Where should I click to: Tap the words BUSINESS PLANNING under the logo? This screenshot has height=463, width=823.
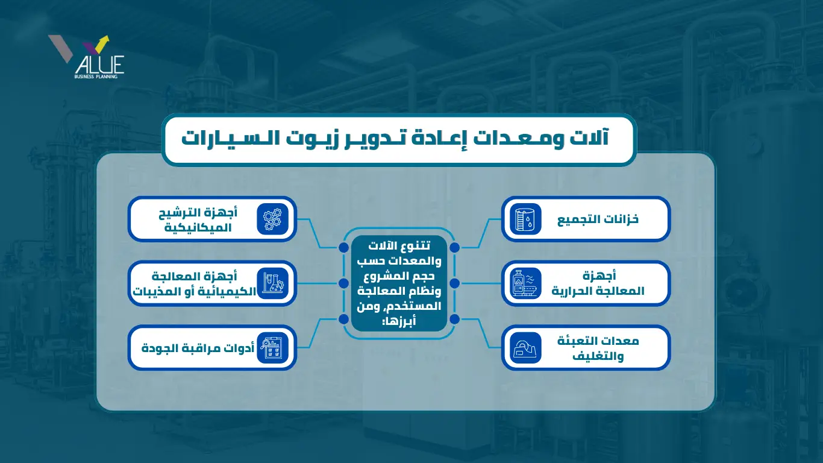click(x=96, y=77)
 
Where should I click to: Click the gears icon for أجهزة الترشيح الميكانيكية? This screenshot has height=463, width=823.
click(x=272, y=219)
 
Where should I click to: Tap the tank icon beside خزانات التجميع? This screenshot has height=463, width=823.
click(x=526, y=219)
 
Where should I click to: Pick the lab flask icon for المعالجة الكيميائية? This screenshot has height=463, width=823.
click(x=272, y=283)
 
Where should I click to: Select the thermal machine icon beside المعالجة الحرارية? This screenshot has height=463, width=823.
click(x=526, y=283)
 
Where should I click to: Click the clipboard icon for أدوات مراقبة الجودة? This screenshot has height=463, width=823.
click(x=272, y=347)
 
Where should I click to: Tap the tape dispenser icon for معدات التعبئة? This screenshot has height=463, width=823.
click(x=526, y=347)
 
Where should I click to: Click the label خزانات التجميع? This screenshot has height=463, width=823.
click(x=598, y=219)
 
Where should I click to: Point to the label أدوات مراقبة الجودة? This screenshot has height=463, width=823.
click(x=198, y=348)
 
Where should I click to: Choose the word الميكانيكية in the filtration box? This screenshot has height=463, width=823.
click(x=198, y=227)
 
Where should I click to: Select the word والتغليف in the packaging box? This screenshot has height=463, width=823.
click(x=598, y=356)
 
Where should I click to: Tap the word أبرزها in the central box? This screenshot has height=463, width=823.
click(x=400, y=322)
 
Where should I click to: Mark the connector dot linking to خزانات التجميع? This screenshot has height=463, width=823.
click(x=454, y=248)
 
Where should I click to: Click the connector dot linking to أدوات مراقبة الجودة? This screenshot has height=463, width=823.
click(x=343, y=319)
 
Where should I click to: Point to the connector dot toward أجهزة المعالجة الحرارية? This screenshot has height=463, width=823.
click(x=454, y=283)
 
